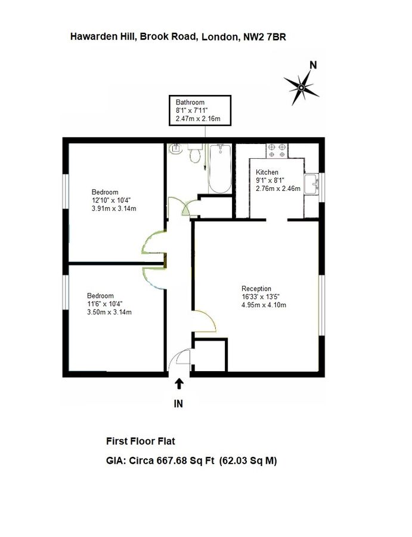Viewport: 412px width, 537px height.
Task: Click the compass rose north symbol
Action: coord(301,88)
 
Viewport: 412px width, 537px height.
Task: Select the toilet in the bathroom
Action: coord(194,155)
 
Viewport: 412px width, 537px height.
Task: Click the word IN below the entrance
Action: coord(178,404)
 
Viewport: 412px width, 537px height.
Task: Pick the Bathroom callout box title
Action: coord(190,102)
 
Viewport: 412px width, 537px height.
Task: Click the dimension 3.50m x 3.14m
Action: coord(109,312)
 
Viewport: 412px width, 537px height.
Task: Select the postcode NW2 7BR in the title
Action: coord(268,36)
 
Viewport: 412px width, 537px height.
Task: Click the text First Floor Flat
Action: coord(140,442)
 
